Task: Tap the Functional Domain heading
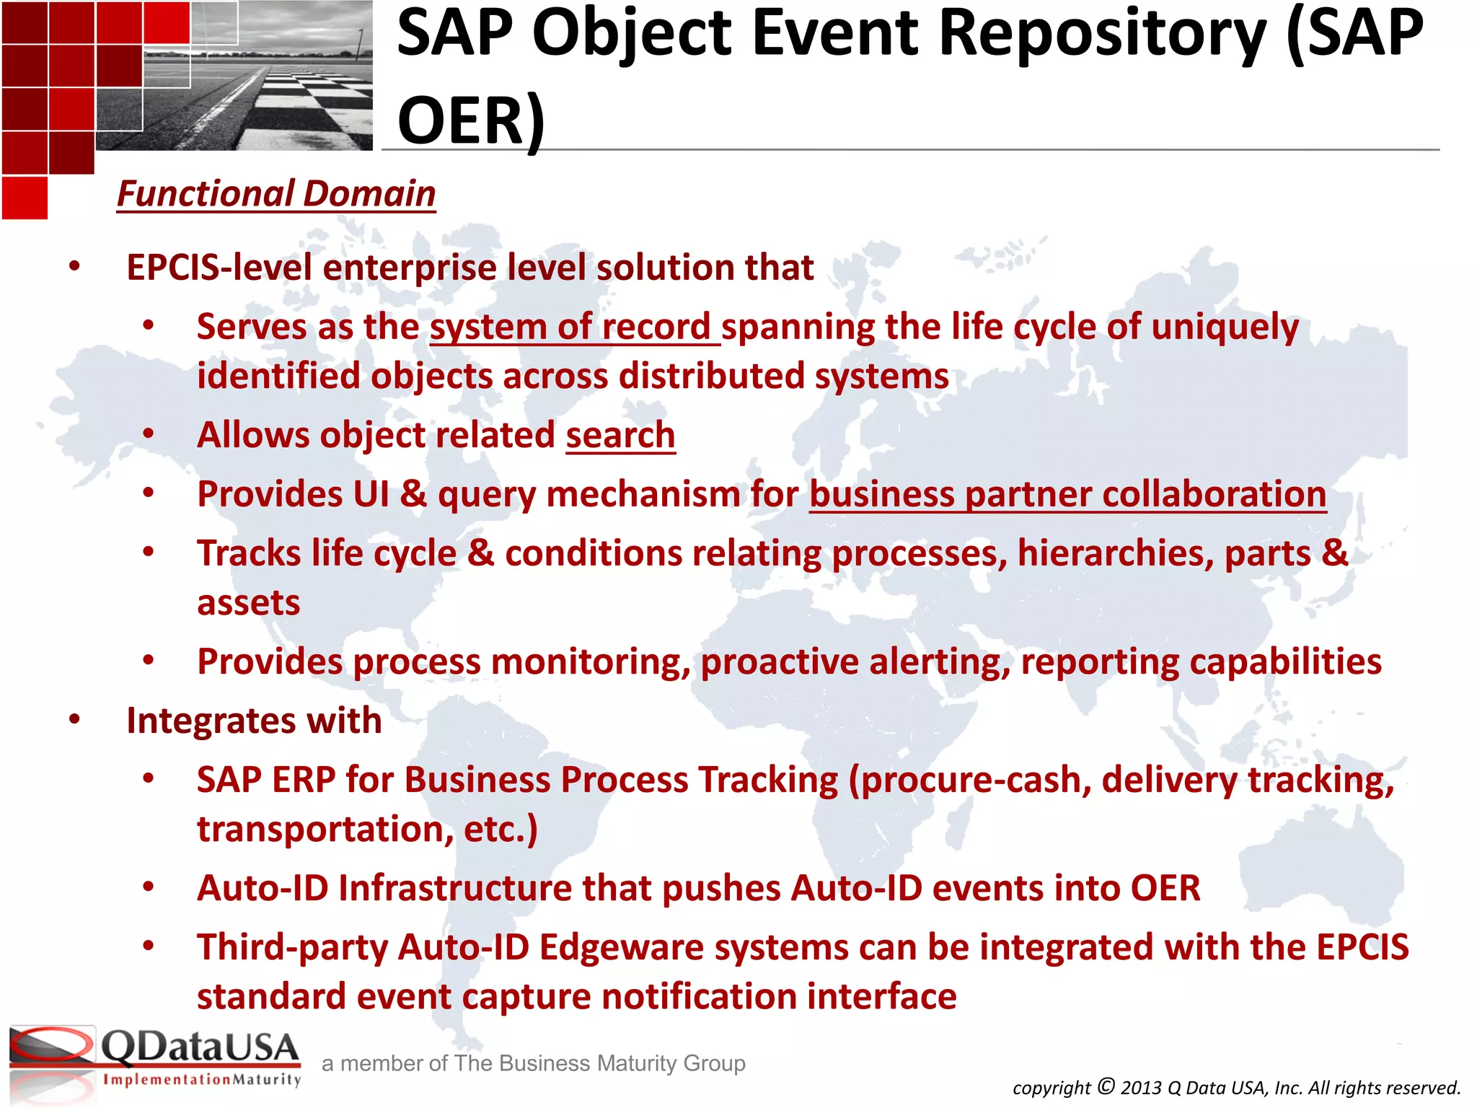[276, 194]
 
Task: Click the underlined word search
[620, 436]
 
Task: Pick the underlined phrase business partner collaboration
[1067, 495]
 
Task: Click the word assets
[248, 603]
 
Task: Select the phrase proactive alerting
[855, 662]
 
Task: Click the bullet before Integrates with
[75, 719]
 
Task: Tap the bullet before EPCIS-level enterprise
[75, 266]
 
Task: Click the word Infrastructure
[455, 889]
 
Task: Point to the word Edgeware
[621, 948]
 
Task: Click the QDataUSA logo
[155, 1047]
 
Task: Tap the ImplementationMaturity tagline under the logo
[202, 1080]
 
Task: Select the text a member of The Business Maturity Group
[533, 1063]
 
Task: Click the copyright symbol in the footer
[1106, 1086]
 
